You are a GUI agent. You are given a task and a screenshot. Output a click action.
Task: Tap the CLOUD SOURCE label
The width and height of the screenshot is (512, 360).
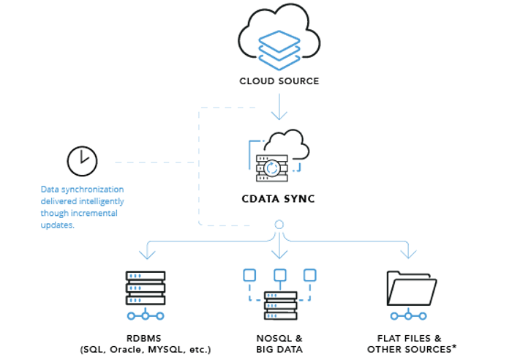[279, 81]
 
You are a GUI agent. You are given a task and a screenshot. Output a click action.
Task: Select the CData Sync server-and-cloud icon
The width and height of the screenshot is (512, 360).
[279, 157]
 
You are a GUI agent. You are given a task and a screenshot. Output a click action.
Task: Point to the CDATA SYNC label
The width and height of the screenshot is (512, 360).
[279, 198]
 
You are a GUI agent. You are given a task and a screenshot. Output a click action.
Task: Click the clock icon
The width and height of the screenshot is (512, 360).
[81, 161]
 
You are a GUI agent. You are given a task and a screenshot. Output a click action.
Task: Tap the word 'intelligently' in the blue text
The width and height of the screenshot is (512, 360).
[101, 201]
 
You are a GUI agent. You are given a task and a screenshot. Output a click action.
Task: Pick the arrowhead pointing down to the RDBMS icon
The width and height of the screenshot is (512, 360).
[147, 253]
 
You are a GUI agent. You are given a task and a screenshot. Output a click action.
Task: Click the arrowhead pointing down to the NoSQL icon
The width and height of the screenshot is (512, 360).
[279, 253]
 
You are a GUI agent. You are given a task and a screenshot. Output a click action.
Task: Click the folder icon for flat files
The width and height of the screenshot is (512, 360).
[412, 290]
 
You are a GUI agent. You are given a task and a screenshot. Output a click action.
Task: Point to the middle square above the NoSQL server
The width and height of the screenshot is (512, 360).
[279, 275]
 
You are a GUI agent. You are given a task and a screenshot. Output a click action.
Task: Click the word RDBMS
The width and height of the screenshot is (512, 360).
[146, 338]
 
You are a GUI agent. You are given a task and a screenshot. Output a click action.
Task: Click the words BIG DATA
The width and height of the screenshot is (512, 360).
[279, 350]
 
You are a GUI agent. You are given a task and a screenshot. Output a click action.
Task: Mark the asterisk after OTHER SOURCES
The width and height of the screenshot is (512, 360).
[454, 348]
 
